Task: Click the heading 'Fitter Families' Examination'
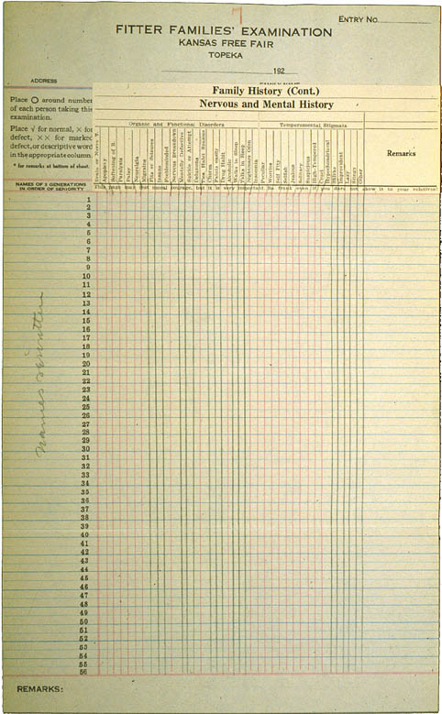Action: coord(224,31)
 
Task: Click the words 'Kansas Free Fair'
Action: coord(224,43)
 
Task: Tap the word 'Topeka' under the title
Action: coord(224,54)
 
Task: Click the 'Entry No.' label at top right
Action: coord(358,19)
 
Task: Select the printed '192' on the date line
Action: coord(278,71)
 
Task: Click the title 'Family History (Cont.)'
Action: coord(265,91)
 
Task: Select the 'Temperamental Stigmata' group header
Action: coord(313,122)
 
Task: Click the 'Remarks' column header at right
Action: coord(401,153)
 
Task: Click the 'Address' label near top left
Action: coord(44,81)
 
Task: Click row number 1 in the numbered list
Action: coord(88,200)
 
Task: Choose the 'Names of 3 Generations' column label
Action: coord(47,187)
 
